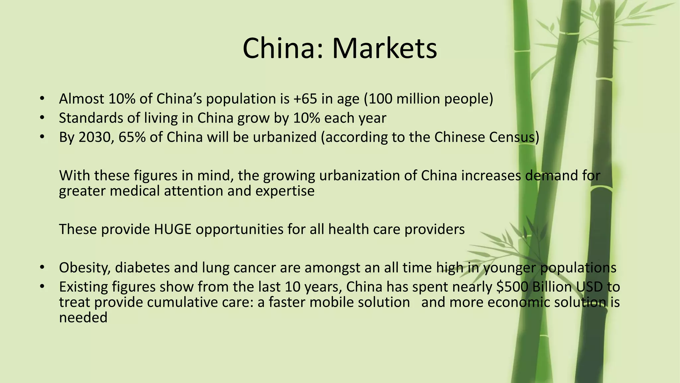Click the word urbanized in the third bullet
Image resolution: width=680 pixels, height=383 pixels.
click(285, 137)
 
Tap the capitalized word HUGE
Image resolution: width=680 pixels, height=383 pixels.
click(173, 229)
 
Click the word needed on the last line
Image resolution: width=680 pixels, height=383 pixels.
click(83, 318)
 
